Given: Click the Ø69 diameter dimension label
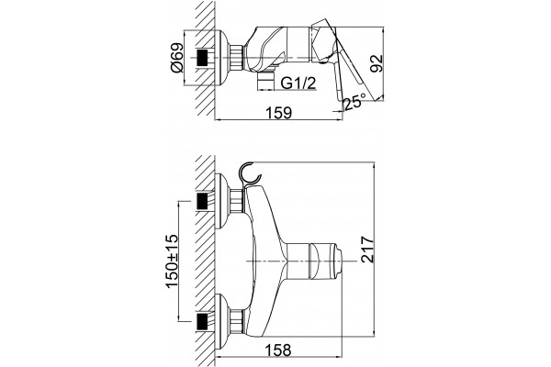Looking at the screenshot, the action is click(177, 58).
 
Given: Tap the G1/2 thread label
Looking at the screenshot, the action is click(298, 83).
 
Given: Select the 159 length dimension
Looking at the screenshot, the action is click(278, 112).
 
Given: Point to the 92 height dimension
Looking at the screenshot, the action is click(377, 63).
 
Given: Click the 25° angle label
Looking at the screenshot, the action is click(354, 102).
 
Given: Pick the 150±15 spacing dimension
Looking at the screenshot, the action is click(173, 261).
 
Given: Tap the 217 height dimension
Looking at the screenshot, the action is click(367, 250).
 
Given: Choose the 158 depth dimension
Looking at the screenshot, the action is click(278, 350).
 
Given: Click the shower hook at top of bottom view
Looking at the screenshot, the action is click(249, 172).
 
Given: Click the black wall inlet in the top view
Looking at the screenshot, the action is click(202, 58).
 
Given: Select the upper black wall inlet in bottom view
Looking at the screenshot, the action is click(202, 201).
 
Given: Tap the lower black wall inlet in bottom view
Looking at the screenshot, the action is click(202, 321).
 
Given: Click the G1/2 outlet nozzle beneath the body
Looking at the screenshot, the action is click(265, 82).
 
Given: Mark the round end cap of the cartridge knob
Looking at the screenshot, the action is click(338, 261).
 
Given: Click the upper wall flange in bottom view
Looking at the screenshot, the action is click(222, 201).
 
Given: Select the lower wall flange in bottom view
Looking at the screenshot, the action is click(222, 321).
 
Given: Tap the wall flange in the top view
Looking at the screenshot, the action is click(222, 58).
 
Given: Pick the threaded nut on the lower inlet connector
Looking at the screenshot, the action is click(237, 321).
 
